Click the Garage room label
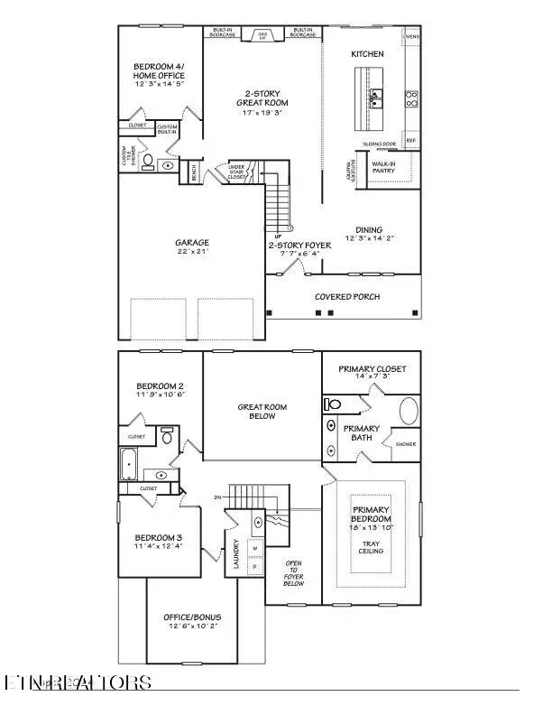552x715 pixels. (x=192, y=243)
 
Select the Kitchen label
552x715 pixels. (x=367, y=54)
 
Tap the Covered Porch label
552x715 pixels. (x=346, y=296)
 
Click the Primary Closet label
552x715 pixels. (x=372, y=369)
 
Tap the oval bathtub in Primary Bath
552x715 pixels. (x=409, y=411)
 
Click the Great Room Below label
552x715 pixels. (x=262, y=413)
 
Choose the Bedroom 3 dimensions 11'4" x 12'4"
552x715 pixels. (x=158, y=546)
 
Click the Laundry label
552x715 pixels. (x=235, y=554)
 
